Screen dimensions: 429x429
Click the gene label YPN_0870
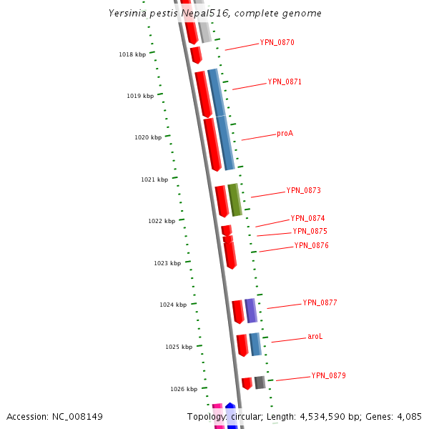(277, 42)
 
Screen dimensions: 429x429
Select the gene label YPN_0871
(285, 82)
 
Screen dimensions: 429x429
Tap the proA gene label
(285, 133)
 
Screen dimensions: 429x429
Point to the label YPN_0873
(303, 190)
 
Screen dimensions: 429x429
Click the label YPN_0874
(307, 218)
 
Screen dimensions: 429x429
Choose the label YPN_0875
(310, 231)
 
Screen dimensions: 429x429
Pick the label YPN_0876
(311, 245)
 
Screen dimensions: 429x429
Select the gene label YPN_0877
(320, 302)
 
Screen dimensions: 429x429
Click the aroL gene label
(315, 336)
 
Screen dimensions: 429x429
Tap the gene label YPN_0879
(328, 375)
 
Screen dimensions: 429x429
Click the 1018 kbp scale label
(132, 54)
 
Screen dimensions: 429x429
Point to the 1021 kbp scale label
(154, 179)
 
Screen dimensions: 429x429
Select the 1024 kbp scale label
(173, 305)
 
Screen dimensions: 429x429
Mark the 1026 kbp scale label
(184, 389)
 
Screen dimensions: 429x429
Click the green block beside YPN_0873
(235, 199)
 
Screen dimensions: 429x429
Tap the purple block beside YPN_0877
(250, 310)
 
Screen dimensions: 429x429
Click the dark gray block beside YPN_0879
(260, 383)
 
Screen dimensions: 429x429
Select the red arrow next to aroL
(242, 345)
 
